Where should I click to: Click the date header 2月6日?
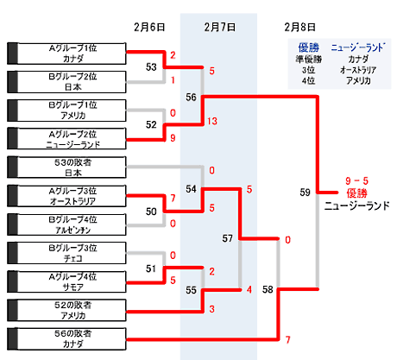149,27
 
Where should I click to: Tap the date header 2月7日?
220,27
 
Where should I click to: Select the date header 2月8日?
299,27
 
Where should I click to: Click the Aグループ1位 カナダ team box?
66,54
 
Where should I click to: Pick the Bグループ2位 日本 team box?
66,82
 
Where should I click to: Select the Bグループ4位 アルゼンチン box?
66,224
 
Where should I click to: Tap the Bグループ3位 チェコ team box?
66,253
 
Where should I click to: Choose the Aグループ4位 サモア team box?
66,281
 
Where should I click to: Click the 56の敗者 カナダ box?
66,338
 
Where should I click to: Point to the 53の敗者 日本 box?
66,167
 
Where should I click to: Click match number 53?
151,67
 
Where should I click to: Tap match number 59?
306,193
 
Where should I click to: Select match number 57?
227,238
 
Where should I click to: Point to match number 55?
191,290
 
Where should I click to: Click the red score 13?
212,121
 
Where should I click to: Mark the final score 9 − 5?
356,181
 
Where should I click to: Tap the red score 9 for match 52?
173,138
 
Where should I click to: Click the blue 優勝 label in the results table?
309,47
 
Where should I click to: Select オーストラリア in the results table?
358,70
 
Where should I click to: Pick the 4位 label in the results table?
308,80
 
